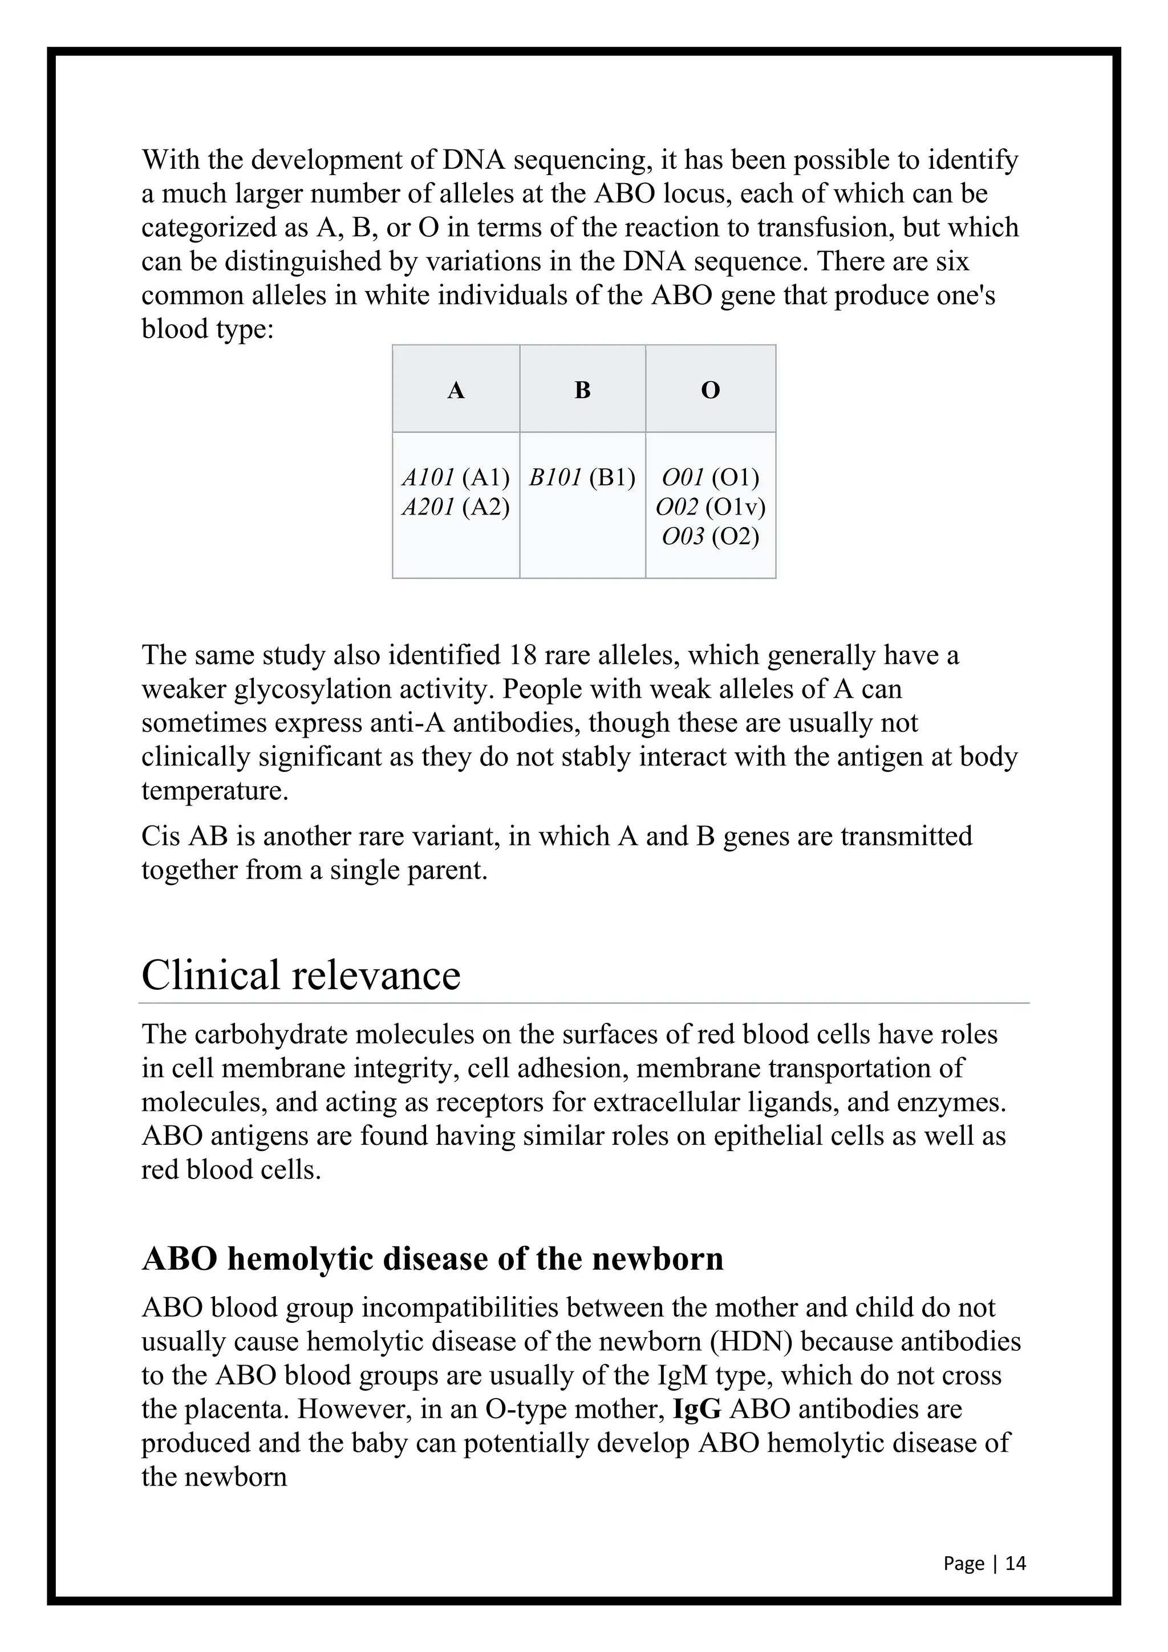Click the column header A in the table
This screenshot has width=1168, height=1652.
click(456, 390)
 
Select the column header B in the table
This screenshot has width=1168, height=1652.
click(582, 390)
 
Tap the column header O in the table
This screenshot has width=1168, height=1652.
click(711, 390)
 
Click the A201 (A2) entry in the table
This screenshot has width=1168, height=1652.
click(455, 507)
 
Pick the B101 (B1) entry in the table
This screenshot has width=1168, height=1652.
click(582, 478)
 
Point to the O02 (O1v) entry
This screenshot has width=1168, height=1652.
click(711, 507)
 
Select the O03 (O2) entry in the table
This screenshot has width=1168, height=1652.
click(711, 537)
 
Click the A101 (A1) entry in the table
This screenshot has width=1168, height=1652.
click(455, 478)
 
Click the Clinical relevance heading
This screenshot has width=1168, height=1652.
click(301, 975)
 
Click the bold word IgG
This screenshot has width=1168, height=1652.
click(697, 1409)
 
